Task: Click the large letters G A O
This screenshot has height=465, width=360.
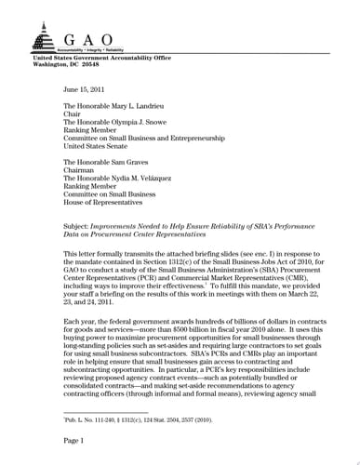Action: (x=90, y=40)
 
